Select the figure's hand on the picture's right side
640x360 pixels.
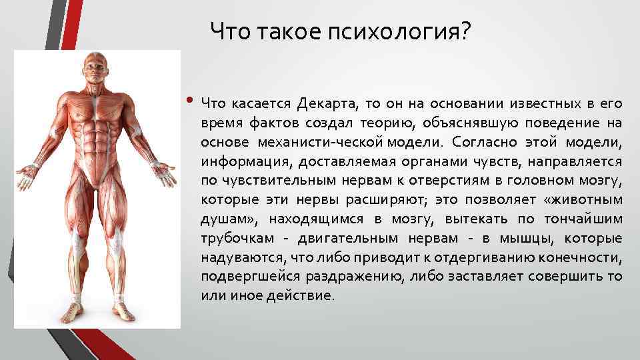[163, 175]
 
